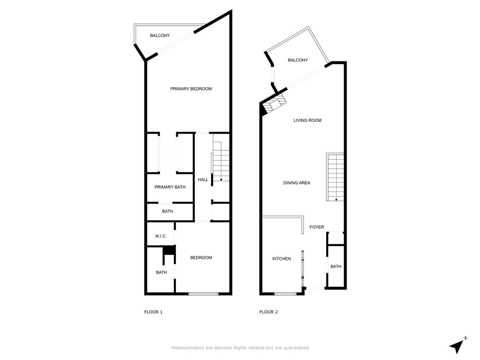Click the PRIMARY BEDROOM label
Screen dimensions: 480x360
(191, 89)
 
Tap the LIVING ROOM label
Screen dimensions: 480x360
(307, 120)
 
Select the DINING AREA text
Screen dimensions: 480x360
(297, 183)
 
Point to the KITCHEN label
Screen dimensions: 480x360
(282, 259)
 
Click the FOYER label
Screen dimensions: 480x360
(316, 227)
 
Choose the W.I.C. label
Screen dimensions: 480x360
(161, 236)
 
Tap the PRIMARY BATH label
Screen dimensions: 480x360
(170, 187)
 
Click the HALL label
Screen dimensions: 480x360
(203, 180)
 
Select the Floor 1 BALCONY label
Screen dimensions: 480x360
(160, 36)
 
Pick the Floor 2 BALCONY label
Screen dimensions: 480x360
(298, 60)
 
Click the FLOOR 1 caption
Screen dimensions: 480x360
(153, 312)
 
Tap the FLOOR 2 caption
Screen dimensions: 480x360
(269, 312)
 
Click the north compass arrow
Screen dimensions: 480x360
(457, 346)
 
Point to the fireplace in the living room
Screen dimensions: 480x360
(274, 104)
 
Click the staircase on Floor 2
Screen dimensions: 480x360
(335, 177)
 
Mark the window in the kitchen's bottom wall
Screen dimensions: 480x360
(285, 294)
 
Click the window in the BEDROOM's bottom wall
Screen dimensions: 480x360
(203, 294)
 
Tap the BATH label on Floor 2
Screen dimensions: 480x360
(336, 267)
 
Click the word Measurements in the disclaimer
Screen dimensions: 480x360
(187, 348)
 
